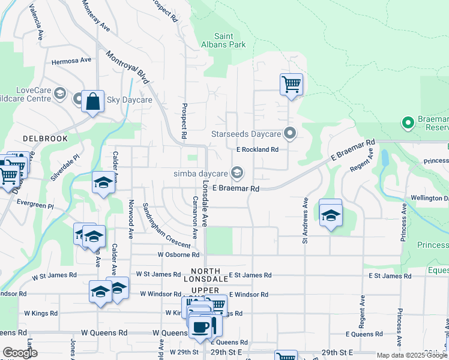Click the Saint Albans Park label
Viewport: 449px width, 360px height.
[x=223, y=40]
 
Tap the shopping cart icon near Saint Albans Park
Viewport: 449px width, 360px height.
[x=291, y=84]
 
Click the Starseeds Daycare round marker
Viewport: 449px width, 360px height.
[x=291, y=133]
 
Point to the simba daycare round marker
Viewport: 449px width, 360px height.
[x=237, y=173]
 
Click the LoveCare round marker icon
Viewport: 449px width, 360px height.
[x=59, y=93]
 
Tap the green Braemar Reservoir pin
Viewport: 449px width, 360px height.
[x=408, y=124]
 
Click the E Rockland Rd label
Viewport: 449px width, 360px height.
[x=258, y=149]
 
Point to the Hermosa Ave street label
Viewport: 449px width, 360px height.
[x=71, y=61]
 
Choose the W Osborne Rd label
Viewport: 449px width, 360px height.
[x=178, y=255]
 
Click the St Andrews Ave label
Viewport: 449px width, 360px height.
[x=306, y=220]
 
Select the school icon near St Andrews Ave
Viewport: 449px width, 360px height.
[x=330, y=214]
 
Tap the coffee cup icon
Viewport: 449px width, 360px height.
[x=201, y=327]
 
